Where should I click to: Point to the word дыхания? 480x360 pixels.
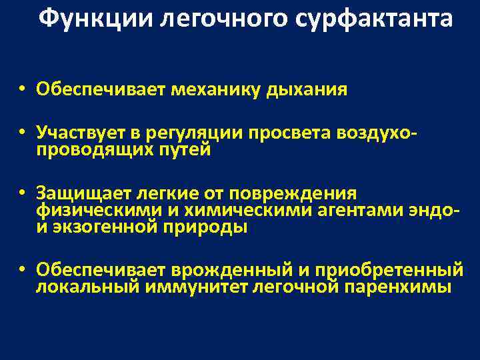307,90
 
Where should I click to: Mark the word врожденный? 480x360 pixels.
227,270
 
